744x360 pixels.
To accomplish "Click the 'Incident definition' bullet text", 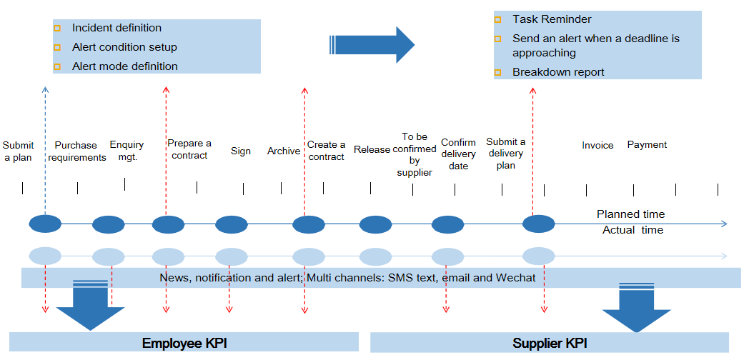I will [116, 28].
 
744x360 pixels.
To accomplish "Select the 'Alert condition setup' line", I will [124, 47].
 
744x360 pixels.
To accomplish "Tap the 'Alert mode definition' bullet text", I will [124, 66].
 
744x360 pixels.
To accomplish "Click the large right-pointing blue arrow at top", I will [372, 45].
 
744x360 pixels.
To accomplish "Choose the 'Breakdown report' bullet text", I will [558, 72].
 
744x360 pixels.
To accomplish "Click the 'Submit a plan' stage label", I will [18, 151].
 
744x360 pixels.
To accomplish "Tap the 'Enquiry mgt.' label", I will [127, 151].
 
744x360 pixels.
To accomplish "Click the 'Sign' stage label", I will [241, 151].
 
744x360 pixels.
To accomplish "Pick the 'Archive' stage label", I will [284, 151].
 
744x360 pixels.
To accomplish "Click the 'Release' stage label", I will [372, 150].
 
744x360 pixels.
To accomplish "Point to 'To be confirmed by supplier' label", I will [415, 154].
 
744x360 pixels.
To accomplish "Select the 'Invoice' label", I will [597, 146].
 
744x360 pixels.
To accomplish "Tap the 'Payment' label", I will [647, 145].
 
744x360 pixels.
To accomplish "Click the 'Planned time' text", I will [630, 214].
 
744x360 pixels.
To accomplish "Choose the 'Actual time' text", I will [633, 230].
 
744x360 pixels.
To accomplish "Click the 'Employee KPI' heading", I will [184, 344].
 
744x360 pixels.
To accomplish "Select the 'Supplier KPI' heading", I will [550, 344].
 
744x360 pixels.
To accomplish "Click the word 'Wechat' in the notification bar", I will [515, 278].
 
